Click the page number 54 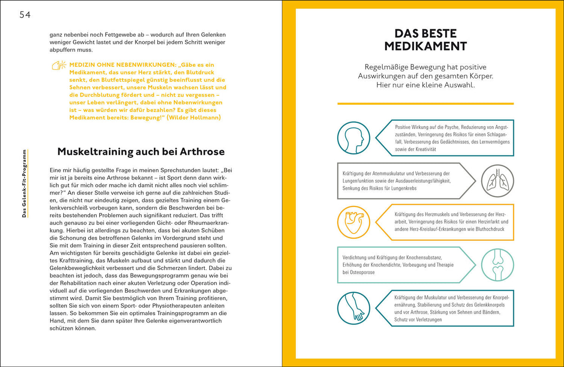pos(25,15)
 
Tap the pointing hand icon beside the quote pos(59,65)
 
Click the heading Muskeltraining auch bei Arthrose pos(141,152)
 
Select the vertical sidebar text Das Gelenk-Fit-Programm pos(24,183)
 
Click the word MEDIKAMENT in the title pos(425,46)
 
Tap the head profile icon pos(354,137)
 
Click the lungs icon pos(497,181)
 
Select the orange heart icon pos(354,222)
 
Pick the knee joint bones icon pos(497,265)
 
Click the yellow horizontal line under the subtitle pos(425,103)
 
